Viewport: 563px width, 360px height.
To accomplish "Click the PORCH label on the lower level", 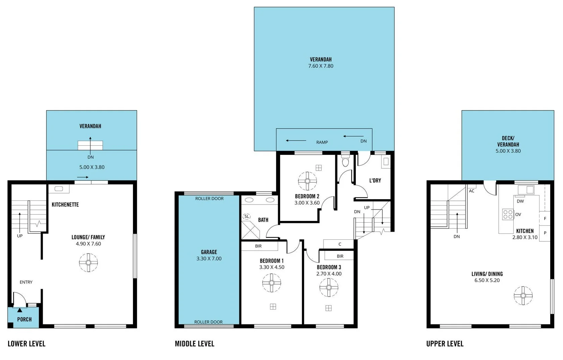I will [25, 319].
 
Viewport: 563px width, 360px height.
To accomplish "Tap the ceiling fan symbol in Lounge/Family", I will [88, 263].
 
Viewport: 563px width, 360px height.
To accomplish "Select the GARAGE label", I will [209, 252].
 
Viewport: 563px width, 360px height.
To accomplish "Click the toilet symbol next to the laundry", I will [345, 162].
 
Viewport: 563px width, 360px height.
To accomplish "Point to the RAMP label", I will [322, 142].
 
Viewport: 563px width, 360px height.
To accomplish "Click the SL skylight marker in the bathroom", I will [247, 217].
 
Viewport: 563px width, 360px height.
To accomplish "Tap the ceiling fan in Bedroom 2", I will [307, 181].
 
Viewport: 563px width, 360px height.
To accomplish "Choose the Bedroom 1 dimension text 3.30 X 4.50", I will [271, 267].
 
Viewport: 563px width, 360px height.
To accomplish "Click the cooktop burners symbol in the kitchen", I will [508, 214].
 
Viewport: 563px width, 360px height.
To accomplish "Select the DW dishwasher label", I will [520, 201].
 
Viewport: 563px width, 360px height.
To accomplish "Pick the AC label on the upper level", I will [472, 191].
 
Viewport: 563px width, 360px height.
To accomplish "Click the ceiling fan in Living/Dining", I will [523, 296].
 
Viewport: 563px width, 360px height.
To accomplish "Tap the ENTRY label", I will [26, 282].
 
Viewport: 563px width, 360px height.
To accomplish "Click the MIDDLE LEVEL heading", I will [194, 344].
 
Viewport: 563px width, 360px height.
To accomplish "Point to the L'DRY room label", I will [375, 180].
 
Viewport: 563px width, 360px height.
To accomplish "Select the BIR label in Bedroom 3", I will [340, 256].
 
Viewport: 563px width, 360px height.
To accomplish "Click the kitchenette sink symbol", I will [59, 189].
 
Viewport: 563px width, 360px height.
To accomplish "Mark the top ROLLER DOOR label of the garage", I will [209, 198].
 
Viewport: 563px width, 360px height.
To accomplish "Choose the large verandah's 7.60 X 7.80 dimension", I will [321, 66].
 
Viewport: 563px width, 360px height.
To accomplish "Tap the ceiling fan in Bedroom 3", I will [329, 287].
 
